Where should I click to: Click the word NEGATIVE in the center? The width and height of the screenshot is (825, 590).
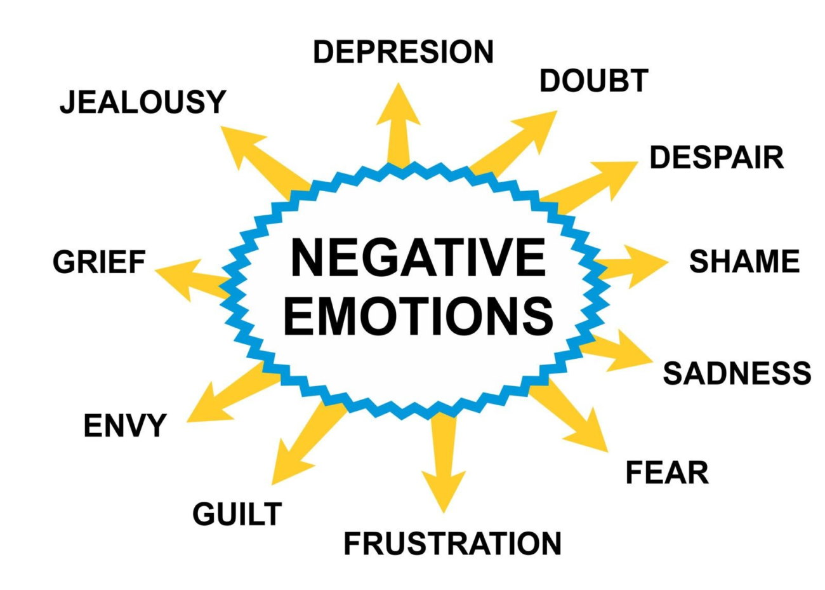point(418,257)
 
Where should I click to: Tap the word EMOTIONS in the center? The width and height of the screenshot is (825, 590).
point(418,316)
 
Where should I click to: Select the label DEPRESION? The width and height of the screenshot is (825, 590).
point(403,52)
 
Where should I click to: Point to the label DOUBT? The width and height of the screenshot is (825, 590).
point(593,81)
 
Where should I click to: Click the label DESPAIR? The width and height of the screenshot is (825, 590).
point(716,158)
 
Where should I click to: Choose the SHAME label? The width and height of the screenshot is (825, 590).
point(744,262)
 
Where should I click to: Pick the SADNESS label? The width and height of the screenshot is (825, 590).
point(737,373)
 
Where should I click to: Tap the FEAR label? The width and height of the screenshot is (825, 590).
point(667,473)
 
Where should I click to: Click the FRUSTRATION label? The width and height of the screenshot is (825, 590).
point(452,544)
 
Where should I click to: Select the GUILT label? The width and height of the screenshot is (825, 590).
point(237,514)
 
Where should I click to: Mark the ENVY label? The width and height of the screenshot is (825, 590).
point(125,426)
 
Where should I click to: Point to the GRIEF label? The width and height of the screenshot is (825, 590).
point(99,262)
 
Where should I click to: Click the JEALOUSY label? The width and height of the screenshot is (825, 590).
point(143,102)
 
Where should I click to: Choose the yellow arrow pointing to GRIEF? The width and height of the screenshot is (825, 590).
point(190,279)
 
